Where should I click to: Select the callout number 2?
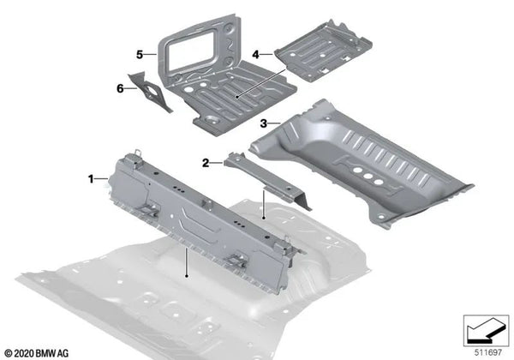[206, 162]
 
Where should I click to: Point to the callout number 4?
[256, 53]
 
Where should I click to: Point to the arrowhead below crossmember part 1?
[186, 277]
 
